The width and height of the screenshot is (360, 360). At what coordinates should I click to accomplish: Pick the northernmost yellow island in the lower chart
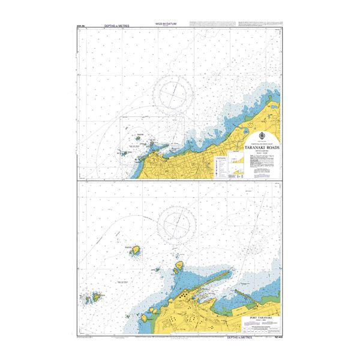click(x=136, y=248)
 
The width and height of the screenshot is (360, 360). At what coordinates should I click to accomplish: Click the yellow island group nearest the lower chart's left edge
click(x=93, y=296)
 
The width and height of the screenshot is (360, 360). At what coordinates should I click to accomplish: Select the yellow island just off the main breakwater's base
click(x=178, y=265)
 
